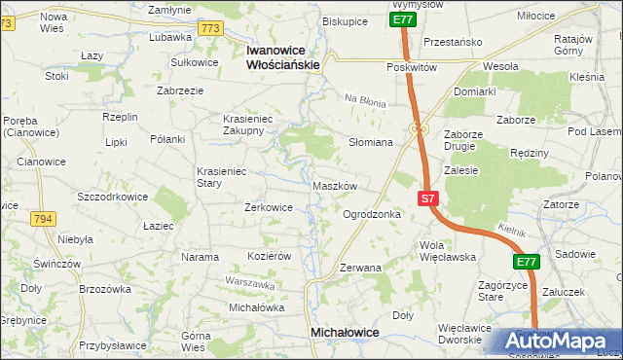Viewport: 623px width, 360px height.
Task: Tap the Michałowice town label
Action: tap(344, 332)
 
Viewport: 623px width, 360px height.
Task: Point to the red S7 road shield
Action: tap(427, 198)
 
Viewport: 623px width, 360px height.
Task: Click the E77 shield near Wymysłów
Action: tap(403, 18)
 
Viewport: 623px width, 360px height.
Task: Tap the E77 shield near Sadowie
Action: tap(527, 262)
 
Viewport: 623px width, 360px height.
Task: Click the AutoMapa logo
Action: tap(554, 342)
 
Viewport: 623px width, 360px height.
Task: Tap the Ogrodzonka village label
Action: tap(372, 213)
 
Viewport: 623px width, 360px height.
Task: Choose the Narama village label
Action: tap(200, 257)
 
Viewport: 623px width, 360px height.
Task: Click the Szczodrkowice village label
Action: tap(113, 196)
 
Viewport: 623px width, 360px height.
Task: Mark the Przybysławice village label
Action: tap(113, 344)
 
